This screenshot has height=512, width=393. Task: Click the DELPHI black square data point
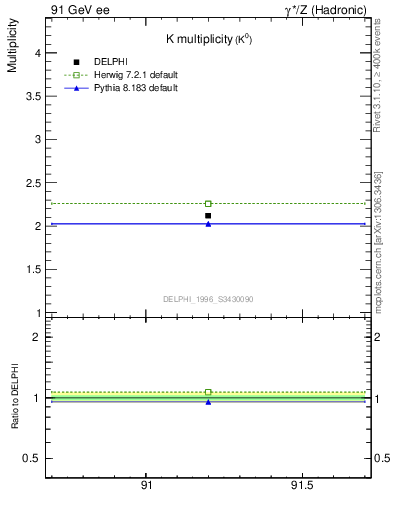pos(208,215)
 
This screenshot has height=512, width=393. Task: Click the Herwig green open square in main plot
pos(208,204)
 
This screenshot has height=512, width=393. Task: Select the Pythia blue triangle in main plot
pos(208,224)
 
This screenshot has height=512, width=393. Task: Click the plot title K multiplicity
pos(208,38)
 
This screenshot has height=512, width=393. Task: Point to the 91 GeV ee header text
pos(79,10)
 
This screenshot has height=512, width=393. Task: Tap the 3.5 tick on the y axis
pos(32,97)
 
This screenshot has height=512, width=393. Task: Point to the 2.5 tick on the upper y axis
pos(32,183)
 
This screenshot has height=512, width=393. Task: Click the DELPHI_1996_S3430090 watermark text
pos(208,299)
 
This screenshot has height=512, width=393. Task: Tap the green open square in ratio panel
pos(208,392)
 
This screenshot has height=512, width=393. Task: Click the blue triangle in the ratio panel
pos(208,401)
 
